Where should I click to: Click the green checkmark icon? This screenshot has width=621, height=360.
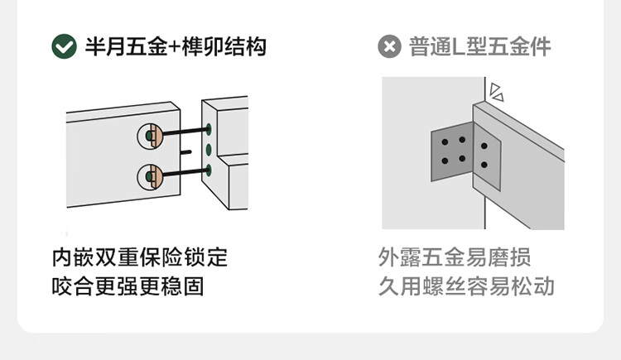64,46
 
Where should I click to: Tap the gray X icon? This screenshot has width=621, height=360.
389,46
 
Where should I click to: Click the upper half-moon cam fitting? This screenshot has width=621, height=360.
149,135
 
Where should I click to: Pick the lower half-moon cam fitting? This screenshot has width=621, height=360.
149,175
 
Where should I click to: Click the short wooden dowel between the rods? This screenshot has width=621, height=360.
187,152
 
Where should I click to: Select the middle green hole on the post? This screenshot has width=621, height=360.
209,150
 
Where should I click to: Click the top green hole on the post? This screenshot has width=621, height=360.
209,129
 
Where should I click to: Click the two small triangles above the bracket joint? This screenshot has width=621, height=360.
496,90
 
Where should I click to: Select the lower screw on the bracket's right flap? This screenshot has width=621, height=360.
484,166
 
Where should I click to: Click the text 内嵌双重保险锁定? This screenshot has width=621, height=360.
139,257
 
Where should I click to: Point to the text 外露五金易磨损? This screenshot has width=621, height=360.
455,257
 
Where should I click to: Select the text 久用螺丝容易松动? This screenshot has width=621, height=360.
466,286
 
